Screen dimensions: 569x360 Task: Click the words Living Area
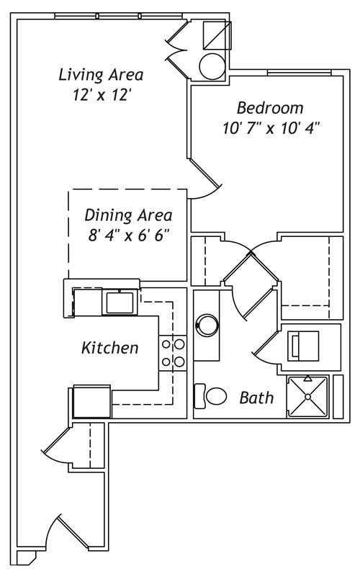click(x=101, y=74)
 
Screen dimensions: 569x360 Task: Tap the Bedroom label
click(x=270, y=109)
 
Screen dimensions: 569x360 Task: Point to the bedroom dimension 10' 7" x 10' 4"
click(x=271, y=130)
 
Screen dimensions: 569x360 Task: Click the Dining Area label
click(x=128, y=215)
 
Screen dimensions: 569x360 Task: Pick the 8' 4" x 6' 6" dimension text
click(x=128, y=236)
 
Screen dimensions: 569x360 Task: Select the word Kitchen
click(x=109, y=349)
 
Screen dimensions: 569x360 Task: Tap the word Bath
click(x=256, y=398)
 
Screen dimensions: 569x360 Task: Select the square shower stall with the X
click(x=307, y=397)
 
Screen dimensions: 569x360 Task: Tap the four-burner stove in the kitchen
click(x=173, y=353)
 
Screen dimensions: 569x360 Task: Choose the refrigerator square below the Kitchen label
click(x=91, y=401)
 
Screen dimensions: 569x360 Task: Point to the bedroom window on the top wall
click(x=299, y=73)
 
